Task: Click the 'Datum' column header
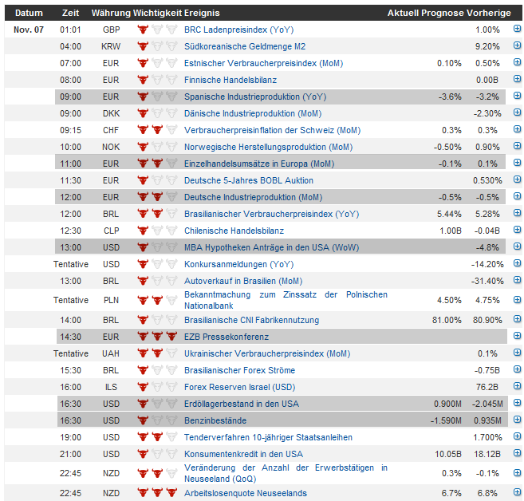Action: click(x=29, y=14)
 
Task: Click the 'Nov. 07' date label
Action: click(x=29, y=30)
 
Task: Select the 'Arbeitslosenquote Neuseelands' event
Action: click(x=246, y=492)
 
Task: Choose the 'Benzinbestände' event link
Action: click(x=215, y=420)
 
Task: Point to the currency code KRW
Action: click(x=111, y=46)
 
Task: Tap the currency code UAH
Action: click(x=111, y=353)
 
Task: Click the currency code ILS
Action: click(x=111, y=387)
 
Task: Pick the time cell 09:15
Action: click(x=70, y=130)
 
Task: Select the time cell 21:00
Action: click(x=70, y=454)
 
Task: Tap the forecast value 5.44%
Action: click(x=449, y=214)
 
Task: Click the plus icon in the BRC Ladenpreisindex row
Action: click(x=517, y=30)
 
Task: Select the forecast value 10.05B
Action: click(x=447, y=454)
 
